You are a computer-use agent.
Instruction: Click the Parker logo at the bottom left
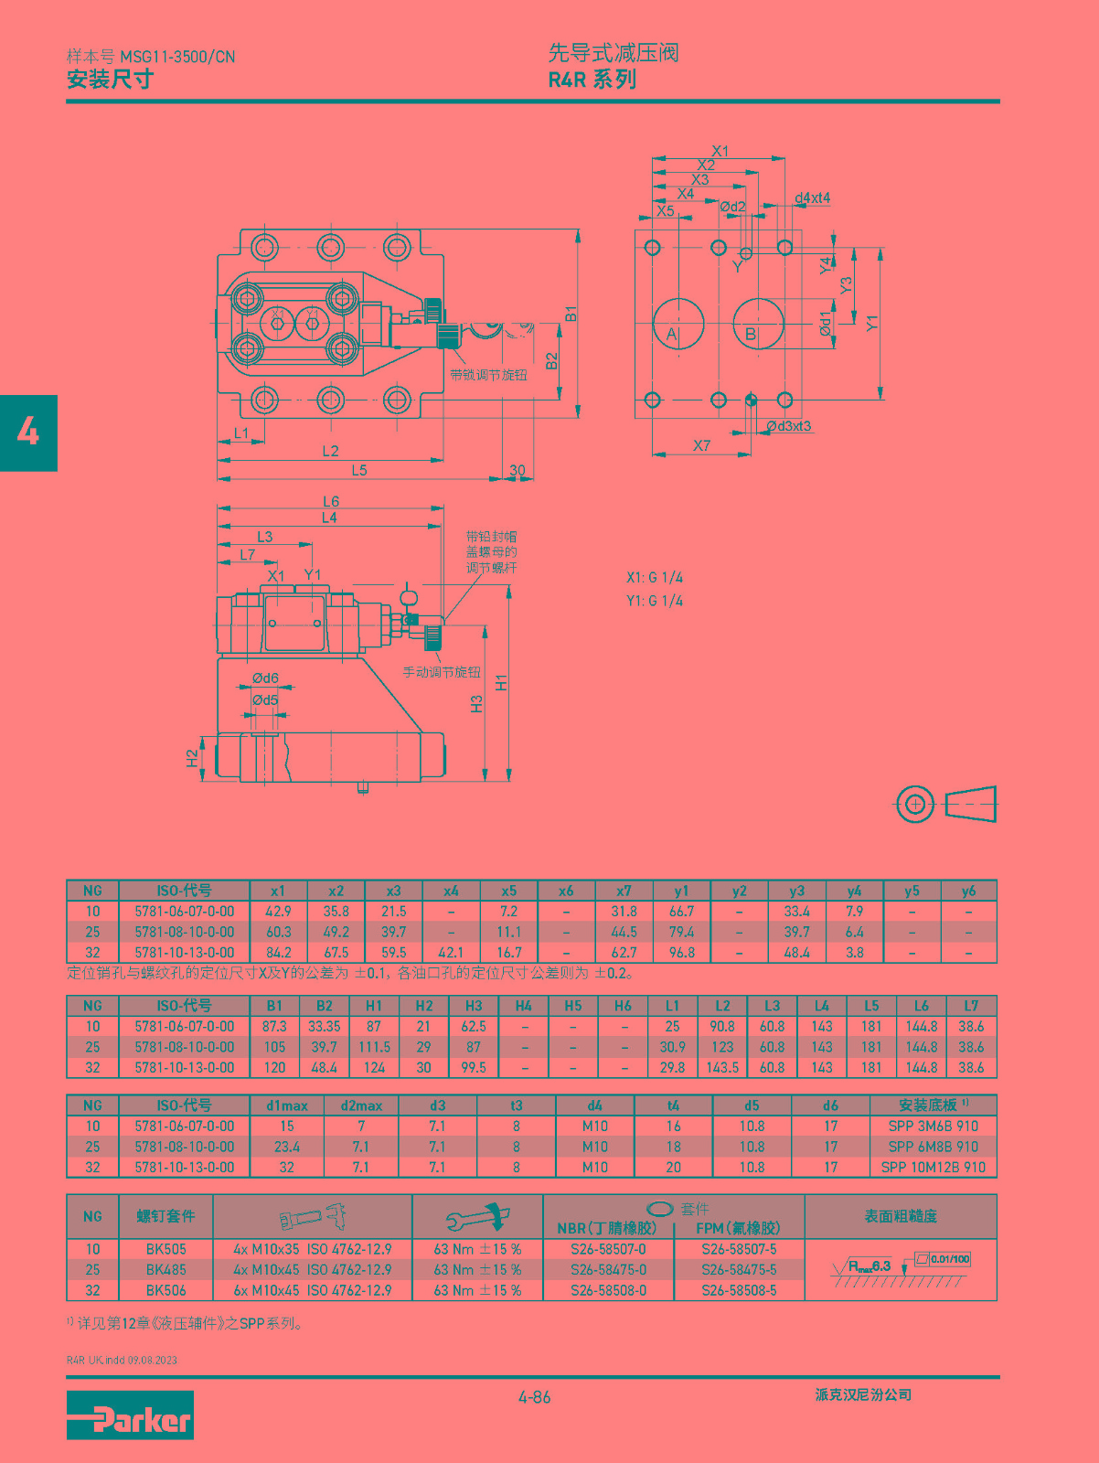pos(130,1415)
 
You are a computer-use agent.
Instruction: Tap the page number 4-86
pos(535,1397)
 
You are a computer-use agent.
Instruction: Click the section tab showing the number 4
pos(28,432)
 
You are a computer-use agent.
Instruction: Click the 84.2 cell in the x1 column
pos(278,953)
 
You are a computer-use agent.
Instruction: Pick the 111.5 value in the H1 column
pos(374,1047)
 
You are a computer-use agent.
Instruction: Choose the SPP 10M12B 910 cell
pos(933,1167)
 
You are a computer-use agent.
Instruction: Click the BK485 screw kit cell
pos(166,1269)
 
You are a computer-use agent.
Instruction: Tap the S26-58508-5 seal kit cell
pos(739,1289)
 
